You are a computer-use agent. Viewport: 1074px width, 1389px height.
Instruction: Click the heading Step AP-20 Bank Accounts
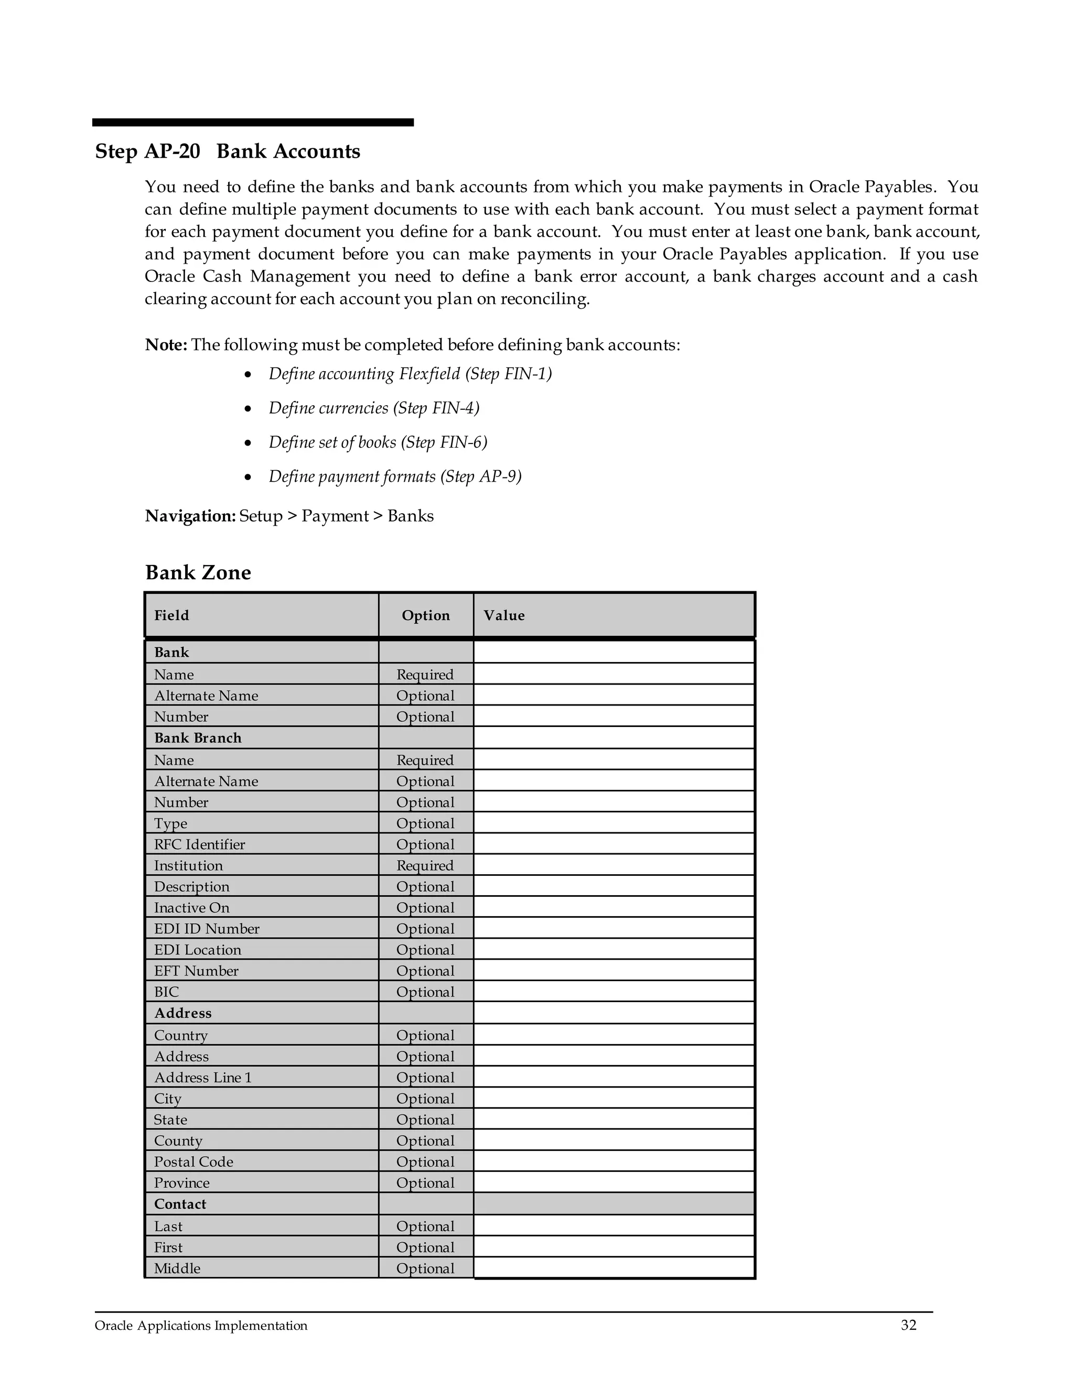[227, 151]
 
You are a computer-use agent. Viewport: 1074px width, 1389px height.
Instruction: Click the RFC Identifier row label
[199, 844]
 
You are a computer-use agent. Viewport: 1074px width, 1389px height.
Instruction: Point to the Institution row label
[188, 865]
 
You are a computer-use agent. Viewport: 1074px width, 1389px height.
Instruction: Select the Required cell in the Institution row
[425, 865]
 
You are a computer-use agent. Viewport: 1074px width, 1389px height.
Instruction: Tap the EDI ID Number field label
[207, 929]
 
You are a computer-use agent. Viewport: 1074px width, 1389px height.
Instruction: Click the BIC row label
[167, 992]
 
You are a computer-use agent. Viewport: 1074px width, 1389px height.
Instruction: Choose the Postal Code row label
[194, 1162]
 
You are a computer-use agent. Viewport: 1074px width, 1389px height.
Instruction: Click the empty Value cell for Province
[614, 1182]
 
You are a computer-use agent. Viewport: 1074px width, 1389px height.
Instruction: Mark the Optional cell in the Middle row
[425, 1268]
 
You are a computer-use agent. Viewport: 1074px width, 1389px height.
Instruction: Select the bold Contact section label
[180, 1204]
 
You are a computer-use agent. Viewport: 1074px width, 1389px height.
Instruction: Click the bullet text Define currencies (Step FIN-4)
[373, 408]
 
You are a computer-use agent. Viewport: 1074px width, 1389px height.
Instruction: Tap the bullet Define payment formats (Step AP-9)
[394, 476]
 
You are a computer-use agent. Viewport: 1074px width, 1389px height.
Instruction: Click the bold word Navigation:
[190, 516]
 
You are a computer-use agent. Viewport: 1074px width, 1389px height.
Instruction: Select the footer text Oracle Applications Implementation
[201, 1326]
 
